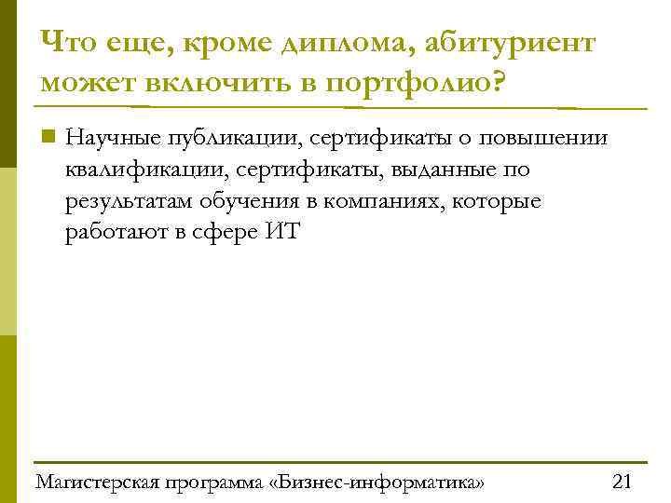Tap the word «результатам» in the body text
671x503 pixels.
(125, 201)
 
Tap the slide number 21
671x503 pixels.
(622, 482)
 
